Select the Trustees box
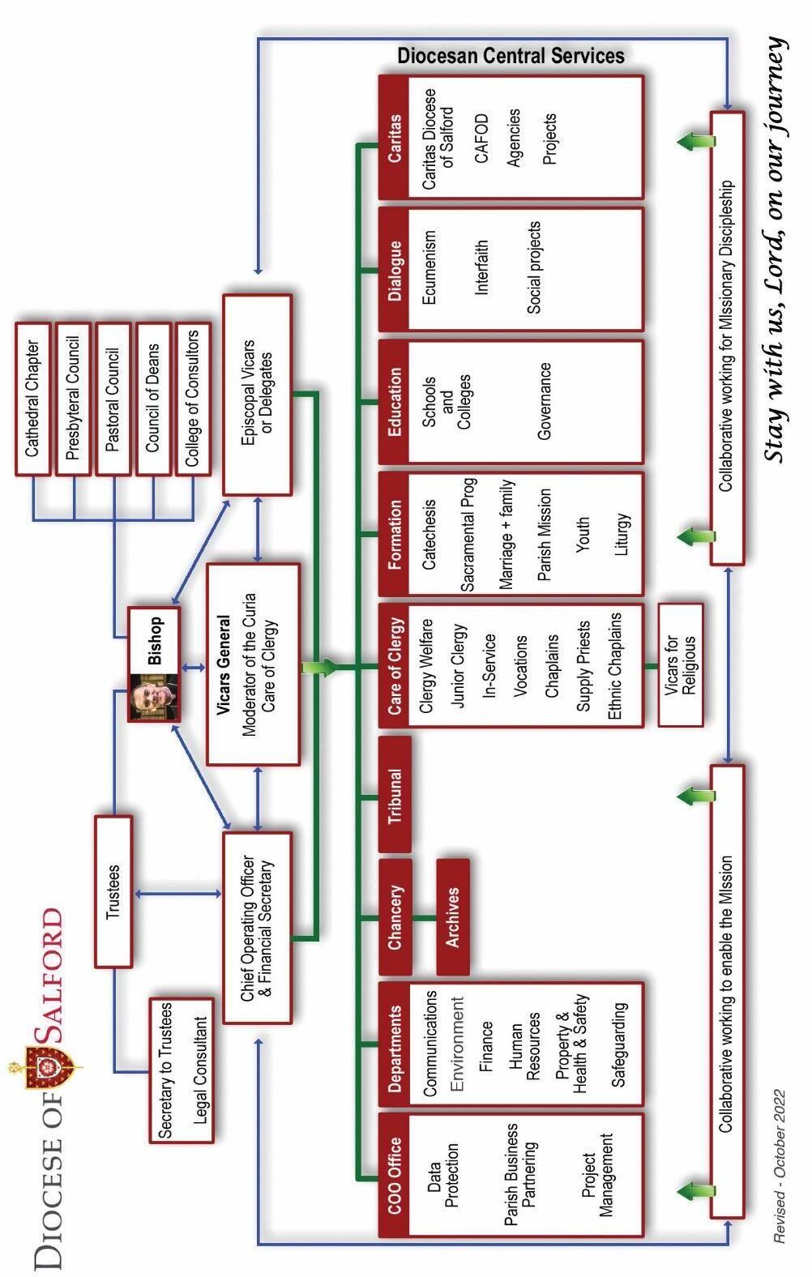click(x=113, y=891)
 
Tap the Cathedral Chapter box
click(x=33, y=399)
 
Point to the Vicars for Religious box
click(x=681, y=664)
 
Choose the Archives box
click(x=453, y=916)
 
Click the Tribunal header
click(x=395, y=795)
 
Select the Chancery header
click(x=395, y=916)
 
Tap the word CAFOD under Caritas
click(x=482, y=139)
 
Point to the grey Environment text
click(x=457, y=1045)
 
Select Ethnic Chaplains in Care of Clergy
click(x=616, y=664)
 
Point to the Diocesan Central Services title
click(x=511, y=56)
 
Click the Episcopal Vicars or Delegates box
click(x=257, y=395)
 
